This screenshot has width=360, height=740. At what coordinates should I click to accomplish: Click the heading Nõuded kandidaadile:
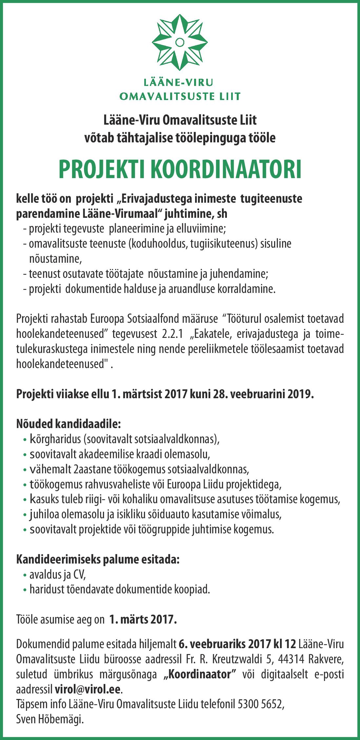click(x=69, y=424)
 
